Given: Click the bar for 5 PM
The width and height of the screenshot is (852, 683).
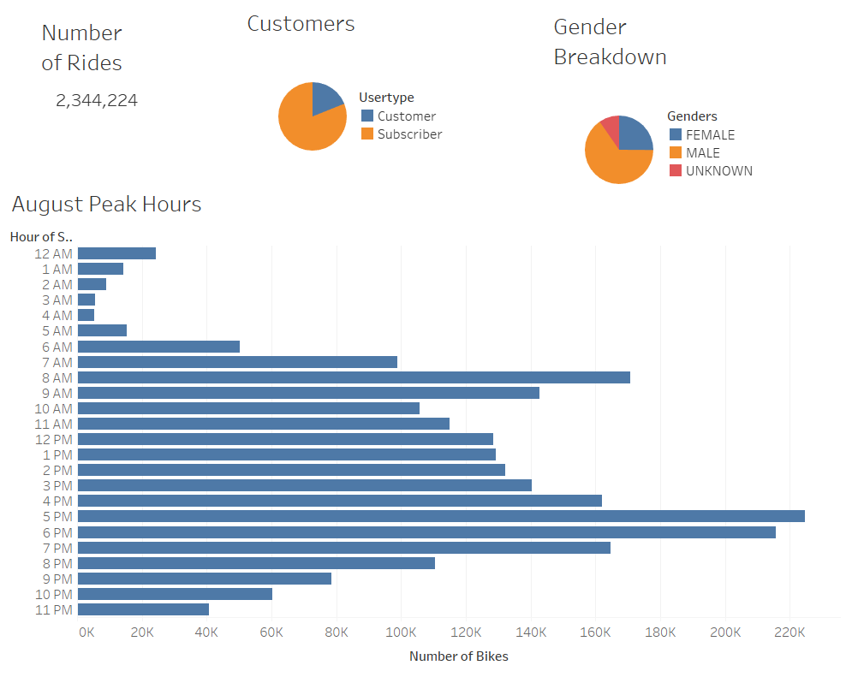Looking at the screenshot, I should (441, 516).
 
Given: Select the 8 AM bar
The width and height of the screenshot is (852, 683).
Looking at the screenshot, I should (354, 377).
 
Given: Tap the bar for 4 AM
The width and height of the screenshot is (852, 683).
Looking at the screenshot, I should (86, 315).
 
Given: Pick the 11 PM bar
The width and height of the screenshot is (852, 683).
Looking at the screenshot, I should (143, 609).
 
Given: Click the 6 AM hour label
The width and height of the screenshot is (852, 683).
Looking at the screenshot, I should (57, 347).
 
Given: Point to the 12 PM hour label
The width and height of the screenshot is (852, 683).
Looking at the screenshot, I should (54, 439).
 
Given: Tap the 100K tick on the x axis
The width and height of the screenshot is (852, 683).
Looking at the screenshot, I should (402, 633).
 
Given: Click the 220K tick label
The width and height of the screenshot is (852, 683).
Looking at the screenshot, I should (789, 633).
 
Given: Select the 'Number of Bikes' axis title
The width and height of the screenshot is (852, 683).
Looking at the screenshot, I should (458, 656).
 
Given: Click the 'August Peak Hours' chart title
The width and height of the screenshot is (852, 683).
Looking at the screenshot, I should (107, 205).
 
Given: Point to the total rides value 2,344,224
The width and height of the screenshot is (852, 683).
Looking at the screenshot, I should (97, 101).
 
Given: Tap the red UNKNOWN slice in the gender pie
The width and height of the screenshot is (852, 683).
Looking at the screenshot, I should (610, 128).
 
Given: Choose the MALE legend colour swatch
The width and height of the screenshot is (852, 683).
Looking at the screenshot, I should (676, 152).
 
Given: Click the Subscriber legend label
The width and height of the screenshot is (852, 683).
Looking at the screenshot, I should (409, 134).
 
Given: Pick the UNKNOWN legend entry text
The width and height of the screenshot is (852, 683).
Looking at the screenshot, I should (719, 170).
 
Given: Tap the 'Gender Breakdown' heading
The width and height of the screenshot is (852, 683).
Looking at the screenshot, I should (610, 42).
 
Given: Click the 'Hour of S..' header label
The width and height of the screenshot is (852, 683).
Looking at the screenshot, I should (41, 236).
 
